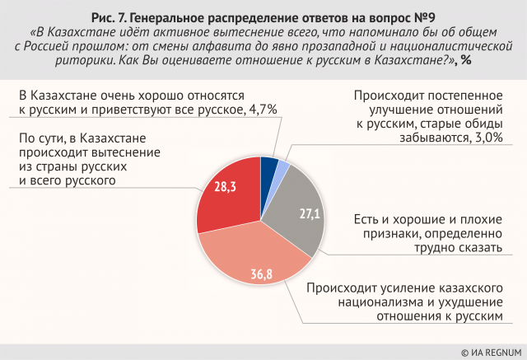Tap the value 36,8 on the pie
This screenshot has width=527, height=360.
coord(261,273)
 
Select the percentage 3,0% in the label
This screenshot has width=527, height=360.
coord(486,138)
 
